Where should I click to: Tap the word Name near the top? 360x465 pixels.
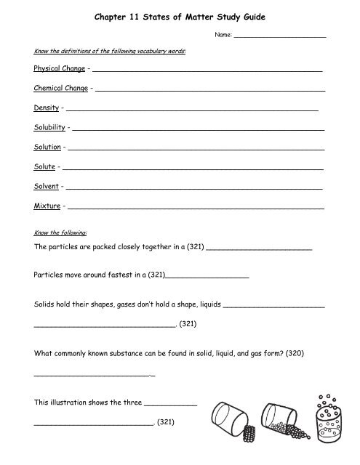221,35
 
